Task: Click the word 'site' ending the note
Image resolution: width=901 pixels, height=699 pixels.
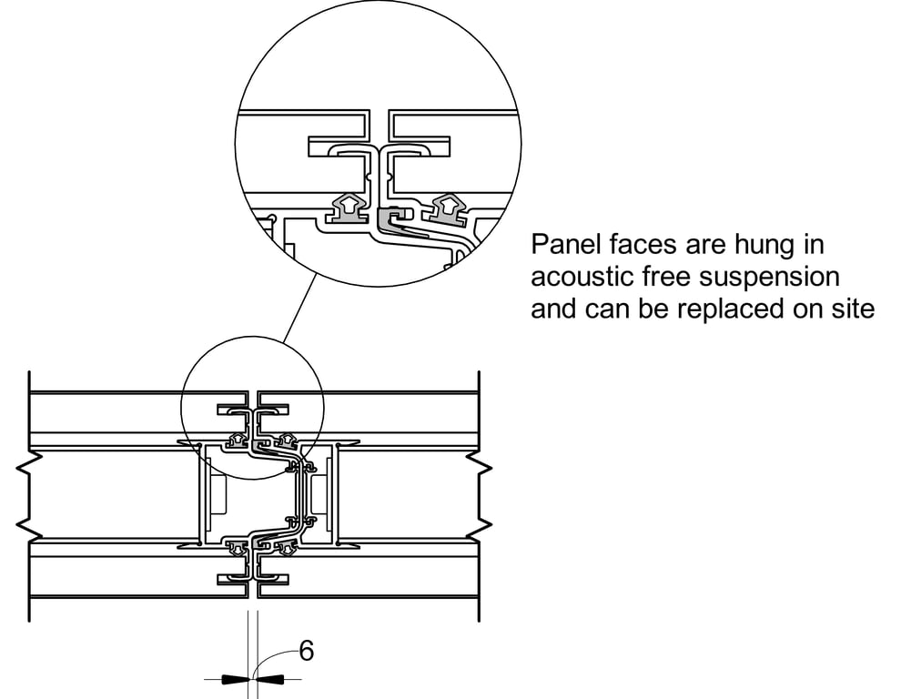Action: click(x=854, y=309)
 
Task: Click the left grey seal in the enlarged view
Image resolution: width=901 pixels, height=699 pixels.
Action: click(x=347, y=210)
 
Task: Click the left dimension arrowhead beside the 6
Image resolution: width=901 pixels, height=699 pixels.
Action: click(x=234, y=679)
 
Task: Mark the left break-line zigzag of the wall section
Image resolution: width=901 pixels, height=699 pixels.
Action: click(x=24, y=496)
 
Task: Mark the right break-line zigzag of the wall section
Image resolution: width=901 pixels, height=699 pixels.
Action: click(x=484, y=496)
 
